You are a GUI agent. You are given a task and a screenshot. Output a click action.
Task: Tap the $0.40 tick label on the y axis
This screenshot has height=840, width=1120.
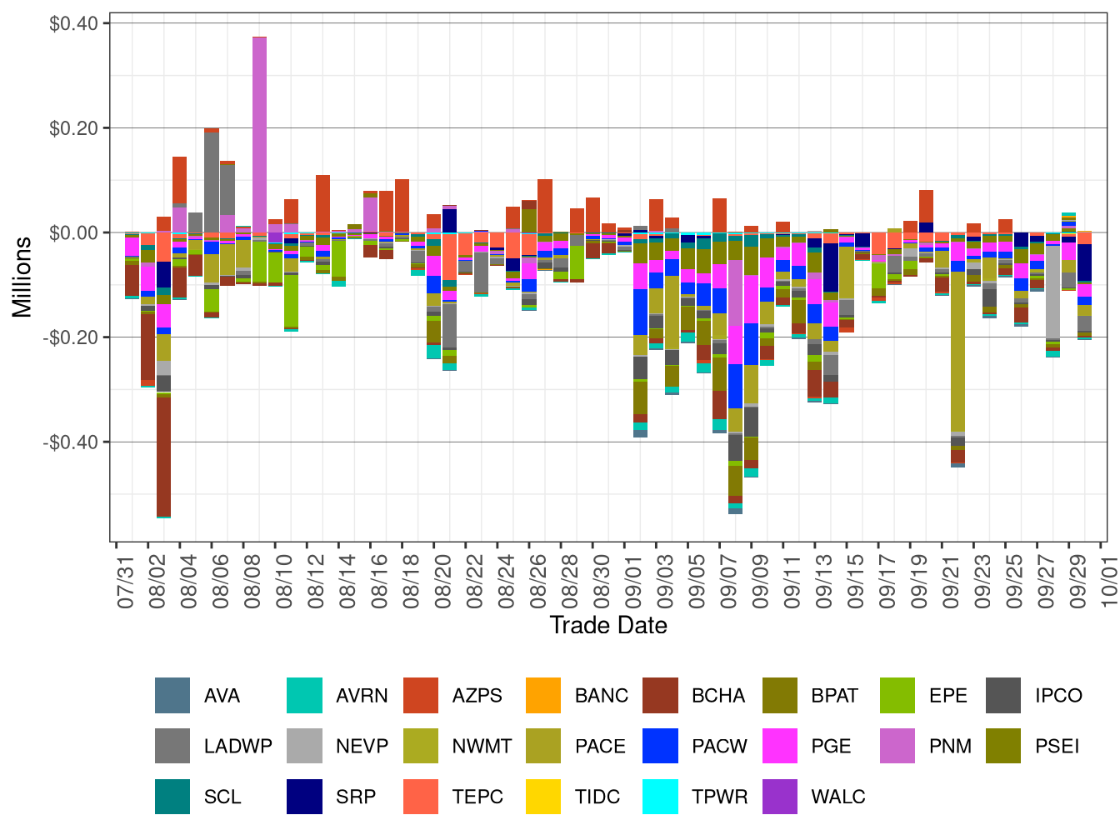click(x=73, y=23)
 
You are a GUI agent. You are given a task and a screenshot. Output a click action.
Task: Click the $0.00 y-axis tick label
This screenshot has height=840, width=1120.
click(x=73, y=232)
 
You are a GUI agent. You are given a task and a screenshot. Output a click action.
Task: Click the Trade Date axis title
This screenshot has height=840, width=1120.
click(x=608, y=626)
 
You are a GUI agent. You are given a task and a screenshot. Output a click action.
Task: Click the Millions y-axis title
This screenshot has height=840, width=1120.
click(x=22, y=277)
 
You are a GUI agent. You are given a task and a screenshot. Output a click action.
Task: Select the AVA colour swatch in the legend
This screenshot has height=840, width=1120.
click(x=172, y=696)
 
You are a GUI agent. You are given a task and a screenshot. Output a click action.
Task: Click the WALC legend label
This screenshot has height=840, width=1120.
click(x=837, y=797)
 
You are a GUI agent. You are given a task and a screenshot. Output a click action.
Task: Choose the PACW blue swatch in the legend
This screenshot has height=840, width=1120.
click(x=661, y=746)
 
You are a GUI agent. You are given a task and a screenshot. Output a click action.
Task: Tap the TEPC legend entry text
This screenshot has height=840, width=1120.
click(x=477, y=797)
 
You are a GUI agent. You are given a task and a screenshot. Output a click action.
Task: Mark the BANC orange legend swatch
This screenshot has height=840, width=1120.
click(x=543, y=696)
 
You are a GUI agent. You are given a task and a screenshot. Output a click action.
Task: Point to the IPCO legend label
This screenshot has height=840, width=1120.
click(x=1058, y=696)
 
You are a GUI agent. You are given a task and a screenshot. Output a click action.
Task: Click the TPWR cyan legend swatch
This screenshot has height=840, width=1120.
click(x=661, y=797)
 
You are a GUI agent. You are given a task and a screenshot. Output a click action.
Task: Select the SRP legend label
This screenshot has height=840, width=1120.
click(x=356, y=797)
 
